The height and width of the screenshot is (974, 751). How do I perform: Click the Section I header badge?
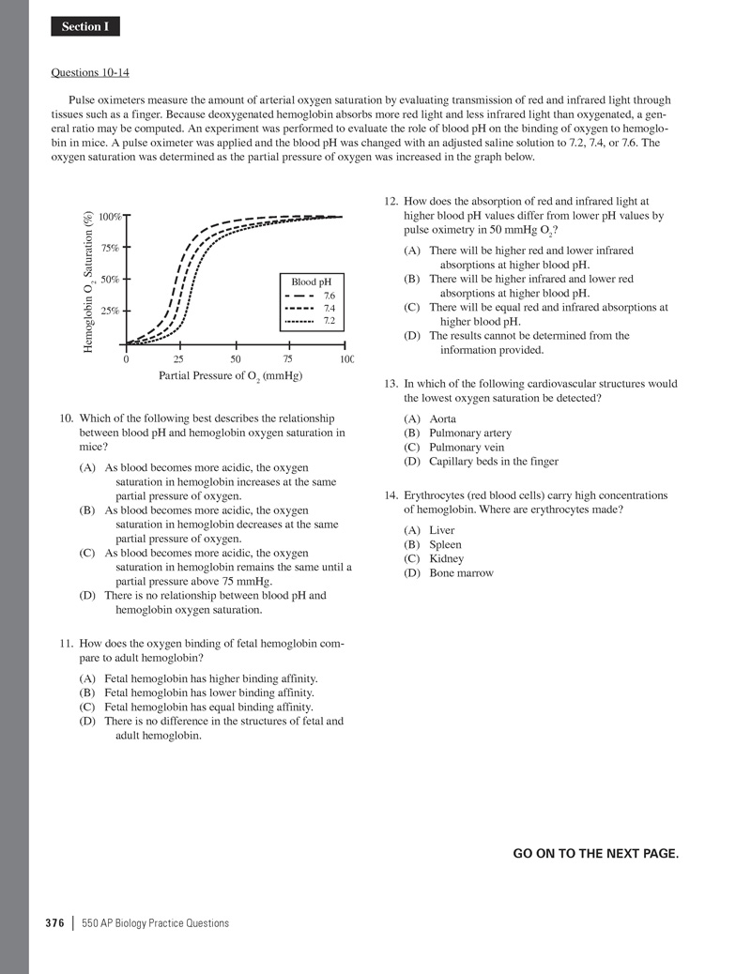coord(85,26)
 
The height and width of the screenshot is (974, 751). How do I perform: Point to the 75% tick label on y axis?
coord(110,248)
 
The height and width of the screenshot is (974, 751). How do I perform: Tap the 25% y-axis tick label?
coord(110,311)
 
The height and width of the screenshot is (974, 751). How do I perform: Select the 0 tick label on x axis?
coord(127,358)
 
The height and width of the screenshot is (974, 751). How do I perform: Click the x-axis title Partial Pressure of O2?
coord(223,376)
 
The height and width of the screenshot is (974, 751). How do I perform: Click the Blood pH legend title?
coord(311,282)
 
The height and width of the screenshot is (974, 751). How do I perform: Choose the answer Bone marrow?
coord(460,572)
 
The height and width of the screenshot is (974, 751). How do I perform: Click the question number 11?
coord(66,645)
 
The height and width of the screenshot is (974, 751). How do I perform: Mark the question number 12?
coord(391,201)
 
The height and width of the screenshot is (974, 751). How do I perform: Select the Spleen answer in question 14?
coord(445,544)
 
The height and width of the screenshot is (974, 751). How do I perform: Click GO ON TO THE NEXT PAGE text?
coord(595,853)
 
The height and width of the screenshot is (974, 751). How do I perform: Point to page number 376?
coord(54,923)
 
